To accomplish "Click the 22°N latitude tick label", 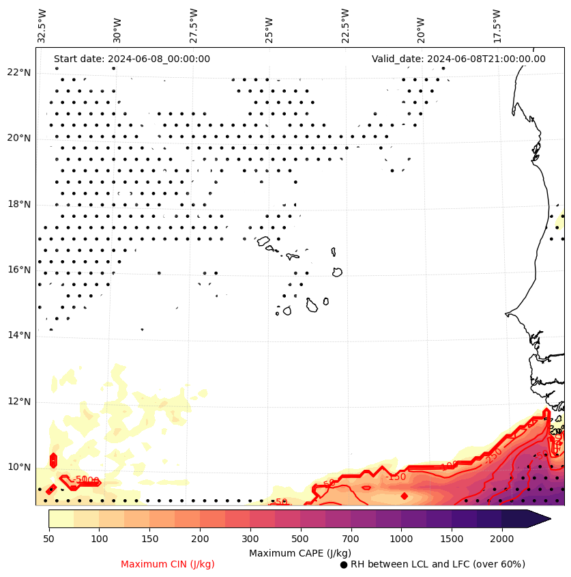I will (19, 73).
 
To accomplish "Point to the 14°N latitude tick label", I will (19, 335).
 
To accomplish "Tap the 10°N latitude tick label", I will (19, 467).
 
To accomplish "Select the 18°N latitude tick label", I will (19, 204).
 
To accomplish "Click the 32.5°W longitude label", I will (43, 25).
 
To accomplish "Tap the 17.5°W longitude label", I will (497, 25).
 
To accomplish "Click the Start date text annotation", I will (132, 59).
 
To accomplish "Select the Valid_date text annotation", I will (458, 59).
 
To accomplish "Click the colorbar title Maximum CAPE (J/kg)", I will (300, 552).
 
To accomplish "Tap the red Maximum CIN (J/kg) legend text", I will (168, 564).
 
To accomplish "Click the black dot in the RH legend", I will (344, 565).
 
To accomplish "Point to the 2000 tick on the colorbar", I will (502, 539).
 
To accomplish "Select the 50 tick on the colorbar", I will (48, 539).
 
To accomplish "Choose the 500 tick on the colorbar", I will (300, 539).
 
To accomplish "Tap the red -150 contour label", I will (396, 476).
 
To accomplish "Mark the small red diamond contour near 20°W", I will (405, 496).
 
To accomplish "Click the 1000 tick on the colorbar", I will (401, 539).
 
